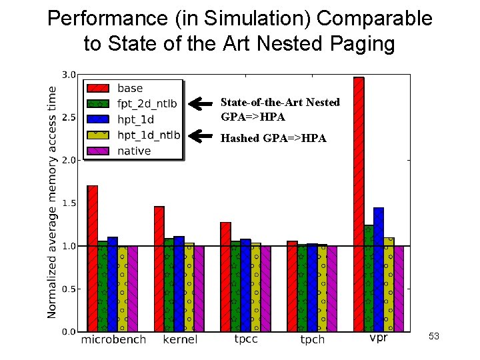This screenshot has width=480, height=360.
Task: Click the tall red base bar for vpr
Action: (359, 204)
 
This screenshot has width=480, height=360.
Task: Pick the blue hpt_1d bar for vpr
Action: (379, 269)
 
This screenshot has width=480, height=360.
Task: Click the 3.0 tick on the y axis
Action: (69, 74)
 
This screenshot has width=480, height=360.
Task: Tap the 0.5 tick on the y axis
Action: (69, 289)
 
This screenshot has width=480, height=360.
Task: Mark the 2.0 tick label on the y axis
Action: (69, 160)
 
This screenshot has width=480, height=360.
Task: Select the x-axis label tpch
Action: (312, 340)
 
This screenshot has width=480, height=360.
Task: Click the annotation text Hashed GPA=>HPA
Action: (273, 139)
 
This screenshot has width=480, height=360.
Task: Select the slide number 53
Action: (433, 337)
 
